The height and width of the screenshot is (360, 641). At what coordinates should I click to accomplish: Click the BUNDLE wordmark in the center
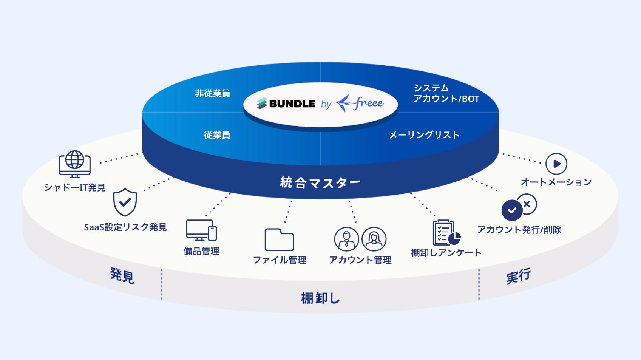292,104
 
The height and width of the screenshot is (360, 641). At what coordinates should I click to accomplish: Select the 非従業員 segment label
212,93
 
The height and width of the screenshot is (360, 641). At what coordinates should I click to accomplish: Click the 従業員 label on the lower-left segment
217,135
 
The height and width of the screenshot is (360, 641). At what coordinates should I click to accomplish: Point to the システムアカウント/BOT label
446,93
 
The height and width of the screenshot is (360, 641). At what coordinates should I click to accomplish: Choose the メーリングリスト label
424,135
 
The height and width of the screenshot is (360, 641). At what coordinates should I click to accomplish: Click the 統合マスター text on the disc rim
320,183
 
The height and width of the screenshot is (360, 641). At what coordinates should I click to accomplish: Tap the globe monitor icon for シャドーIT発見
75,164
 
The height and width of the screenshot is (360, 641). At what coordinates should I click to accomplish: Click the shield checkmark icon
125,202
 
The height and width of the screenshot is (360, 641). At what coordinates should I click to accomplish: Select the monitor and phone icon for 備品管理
201,230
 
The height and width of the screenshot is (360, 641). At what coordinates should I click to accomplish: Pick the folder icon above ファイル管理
279,239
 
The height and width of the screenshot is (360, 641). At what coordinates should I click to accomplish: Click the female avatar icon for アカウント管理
374,239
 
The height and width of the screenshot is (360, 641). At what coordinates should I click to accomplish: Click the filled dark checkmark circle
512,210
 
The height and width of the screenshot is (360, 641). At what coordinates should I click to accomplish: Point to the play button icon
556,164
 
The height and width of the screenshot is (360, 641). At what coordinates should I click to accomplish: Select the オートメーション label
556,182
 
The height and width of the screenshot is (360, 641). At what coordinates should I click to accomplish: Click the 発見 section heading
122,275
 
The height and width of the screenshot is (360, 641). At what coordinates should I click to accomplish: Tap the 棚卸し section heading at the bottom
320,298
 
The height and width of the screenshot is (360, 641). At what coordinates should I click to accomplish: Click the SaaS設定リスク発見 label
125,227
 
